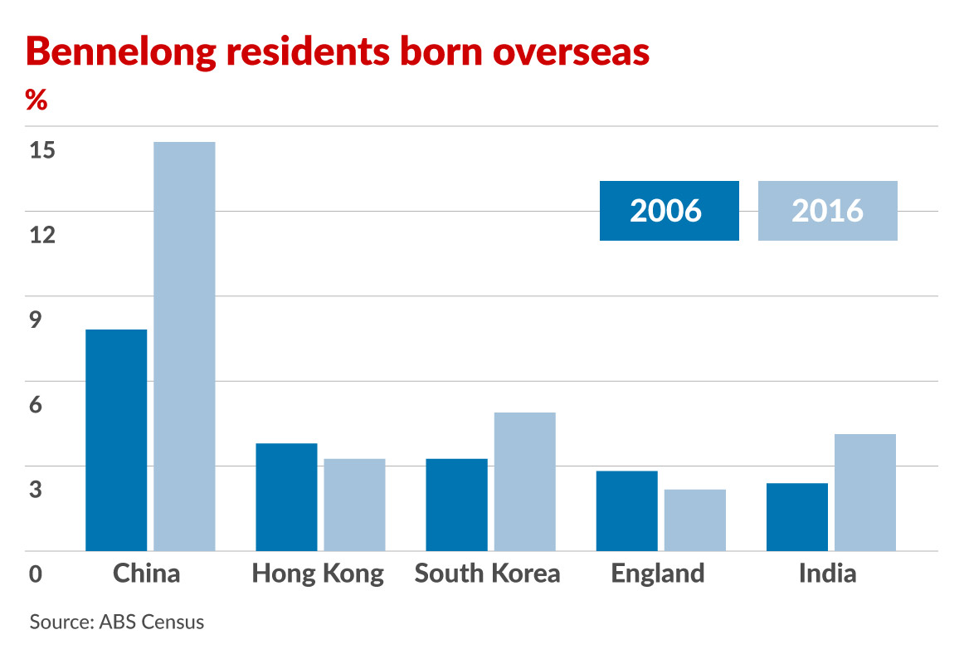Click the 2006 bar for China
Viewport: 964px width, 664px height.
[x=116, y=440]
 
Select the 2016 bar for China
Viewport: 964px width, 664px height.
[x=184, y=346]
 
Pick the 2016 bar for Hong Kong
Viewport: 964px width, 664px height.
[x=354, y=505]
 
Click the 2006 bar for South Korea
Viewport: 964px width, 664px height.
[x=456, y=505]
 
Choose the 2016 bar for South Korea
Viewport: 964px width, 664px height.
[x=524, y=481]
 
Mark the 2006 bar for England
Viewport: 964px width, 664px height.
[x=627, y=510]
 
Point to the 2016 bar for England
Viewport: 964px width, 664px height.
[x=695, y=520]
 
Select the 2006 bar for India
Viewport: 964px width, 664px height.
[x=797, y=516]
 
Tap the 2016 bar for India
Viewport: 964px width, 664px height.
[x=865, y=492]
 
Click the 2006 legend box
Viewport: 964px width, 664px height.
[x=669, y=211]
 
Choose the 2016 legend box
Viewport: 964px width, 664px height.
[x=827, y=211]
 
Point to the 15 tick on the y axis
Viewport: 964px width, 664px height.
[x=41, y=151]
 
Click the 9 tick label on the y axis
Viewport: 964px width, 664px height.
[x=36, y=320]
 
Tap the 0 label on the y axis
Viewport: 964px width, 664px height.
[x=36, y=574]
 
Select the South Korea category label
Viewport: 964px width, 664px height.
[x=487, y=574]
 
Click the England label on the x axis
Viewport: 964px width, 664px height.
[x=657, y=574]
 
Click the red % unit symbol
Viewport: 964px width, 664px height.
[x=37, y=100]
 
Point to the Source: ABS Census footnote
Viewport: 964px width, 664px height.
[x=117, y=622]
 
